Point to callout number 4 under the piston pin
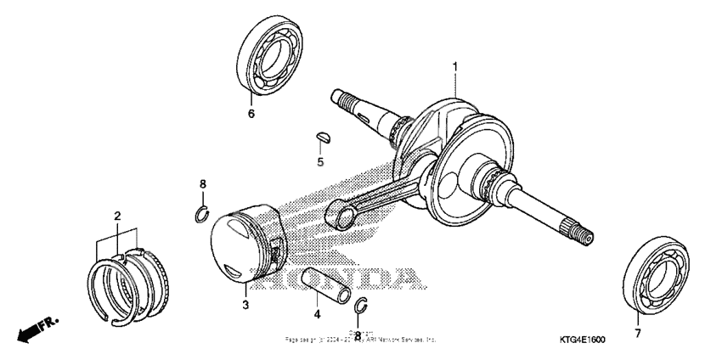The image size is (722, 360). tap(317, 314)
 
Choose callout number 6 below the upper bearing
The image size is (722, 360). tap(251, 112)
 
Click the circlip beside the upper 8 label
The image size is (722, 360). tap(201, 212)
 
